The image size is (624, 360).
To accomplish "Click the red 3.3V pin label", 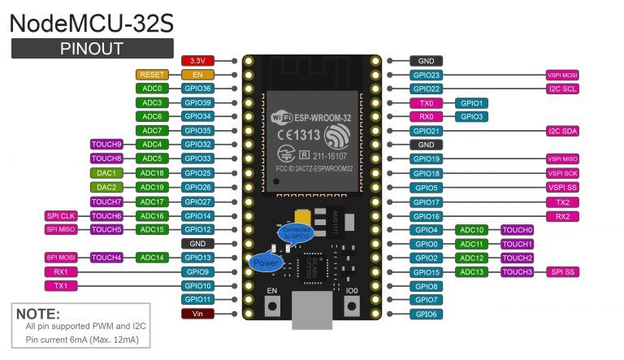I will click(197, 61).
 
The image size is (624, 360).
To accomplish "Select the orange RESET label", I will click(152, 75).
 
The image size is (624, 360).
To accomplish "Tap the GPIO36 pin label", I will click(197, 89).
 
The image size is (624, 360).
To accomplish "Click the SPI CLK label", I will click(61, 215).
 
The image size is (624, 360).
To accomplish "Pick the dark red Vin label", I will click(197, 314).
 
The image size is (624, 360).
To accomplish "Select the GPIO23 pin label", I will click(426, 75).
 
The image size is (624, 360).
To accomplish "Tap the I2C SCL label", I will click(562, 89).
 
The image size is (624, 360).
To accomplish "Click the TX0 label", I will click(426, 103).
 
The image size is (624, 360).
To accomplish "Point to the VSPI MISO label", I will click(562, 159).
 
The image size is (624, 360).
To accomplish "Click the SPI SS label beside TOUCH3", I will click(562, 271).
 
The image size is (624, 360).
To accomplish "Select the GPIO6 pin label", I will click(426, 314).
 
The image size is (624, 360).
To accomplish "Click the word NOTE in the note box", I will click(38, 313).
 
